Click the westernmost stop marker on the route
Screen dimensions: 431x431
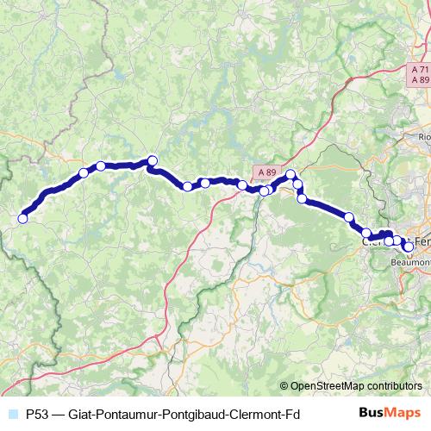click(x=23, y=218)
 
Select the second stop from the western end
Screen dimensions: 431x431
click(x=84, y=173)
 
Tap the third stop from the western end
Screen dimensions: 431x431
click(x=101, y=166)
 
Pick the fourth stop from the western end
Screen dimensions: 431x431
click(x=153, y=159)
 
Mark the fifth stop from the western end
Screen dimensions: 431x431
click(x=187, y=186)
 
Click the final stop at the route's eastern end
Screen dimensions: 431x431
click(x=408, y=247)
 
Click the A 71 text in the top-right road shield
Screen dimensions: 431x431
click(x=419, y=69)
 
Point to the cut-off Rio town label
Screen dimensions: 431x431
click(x=423, y=136)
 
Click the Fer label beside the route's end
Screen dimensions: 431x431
click(x=422, y=240)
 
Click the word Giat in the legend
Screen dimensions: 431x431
click(x=85, y=413)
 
